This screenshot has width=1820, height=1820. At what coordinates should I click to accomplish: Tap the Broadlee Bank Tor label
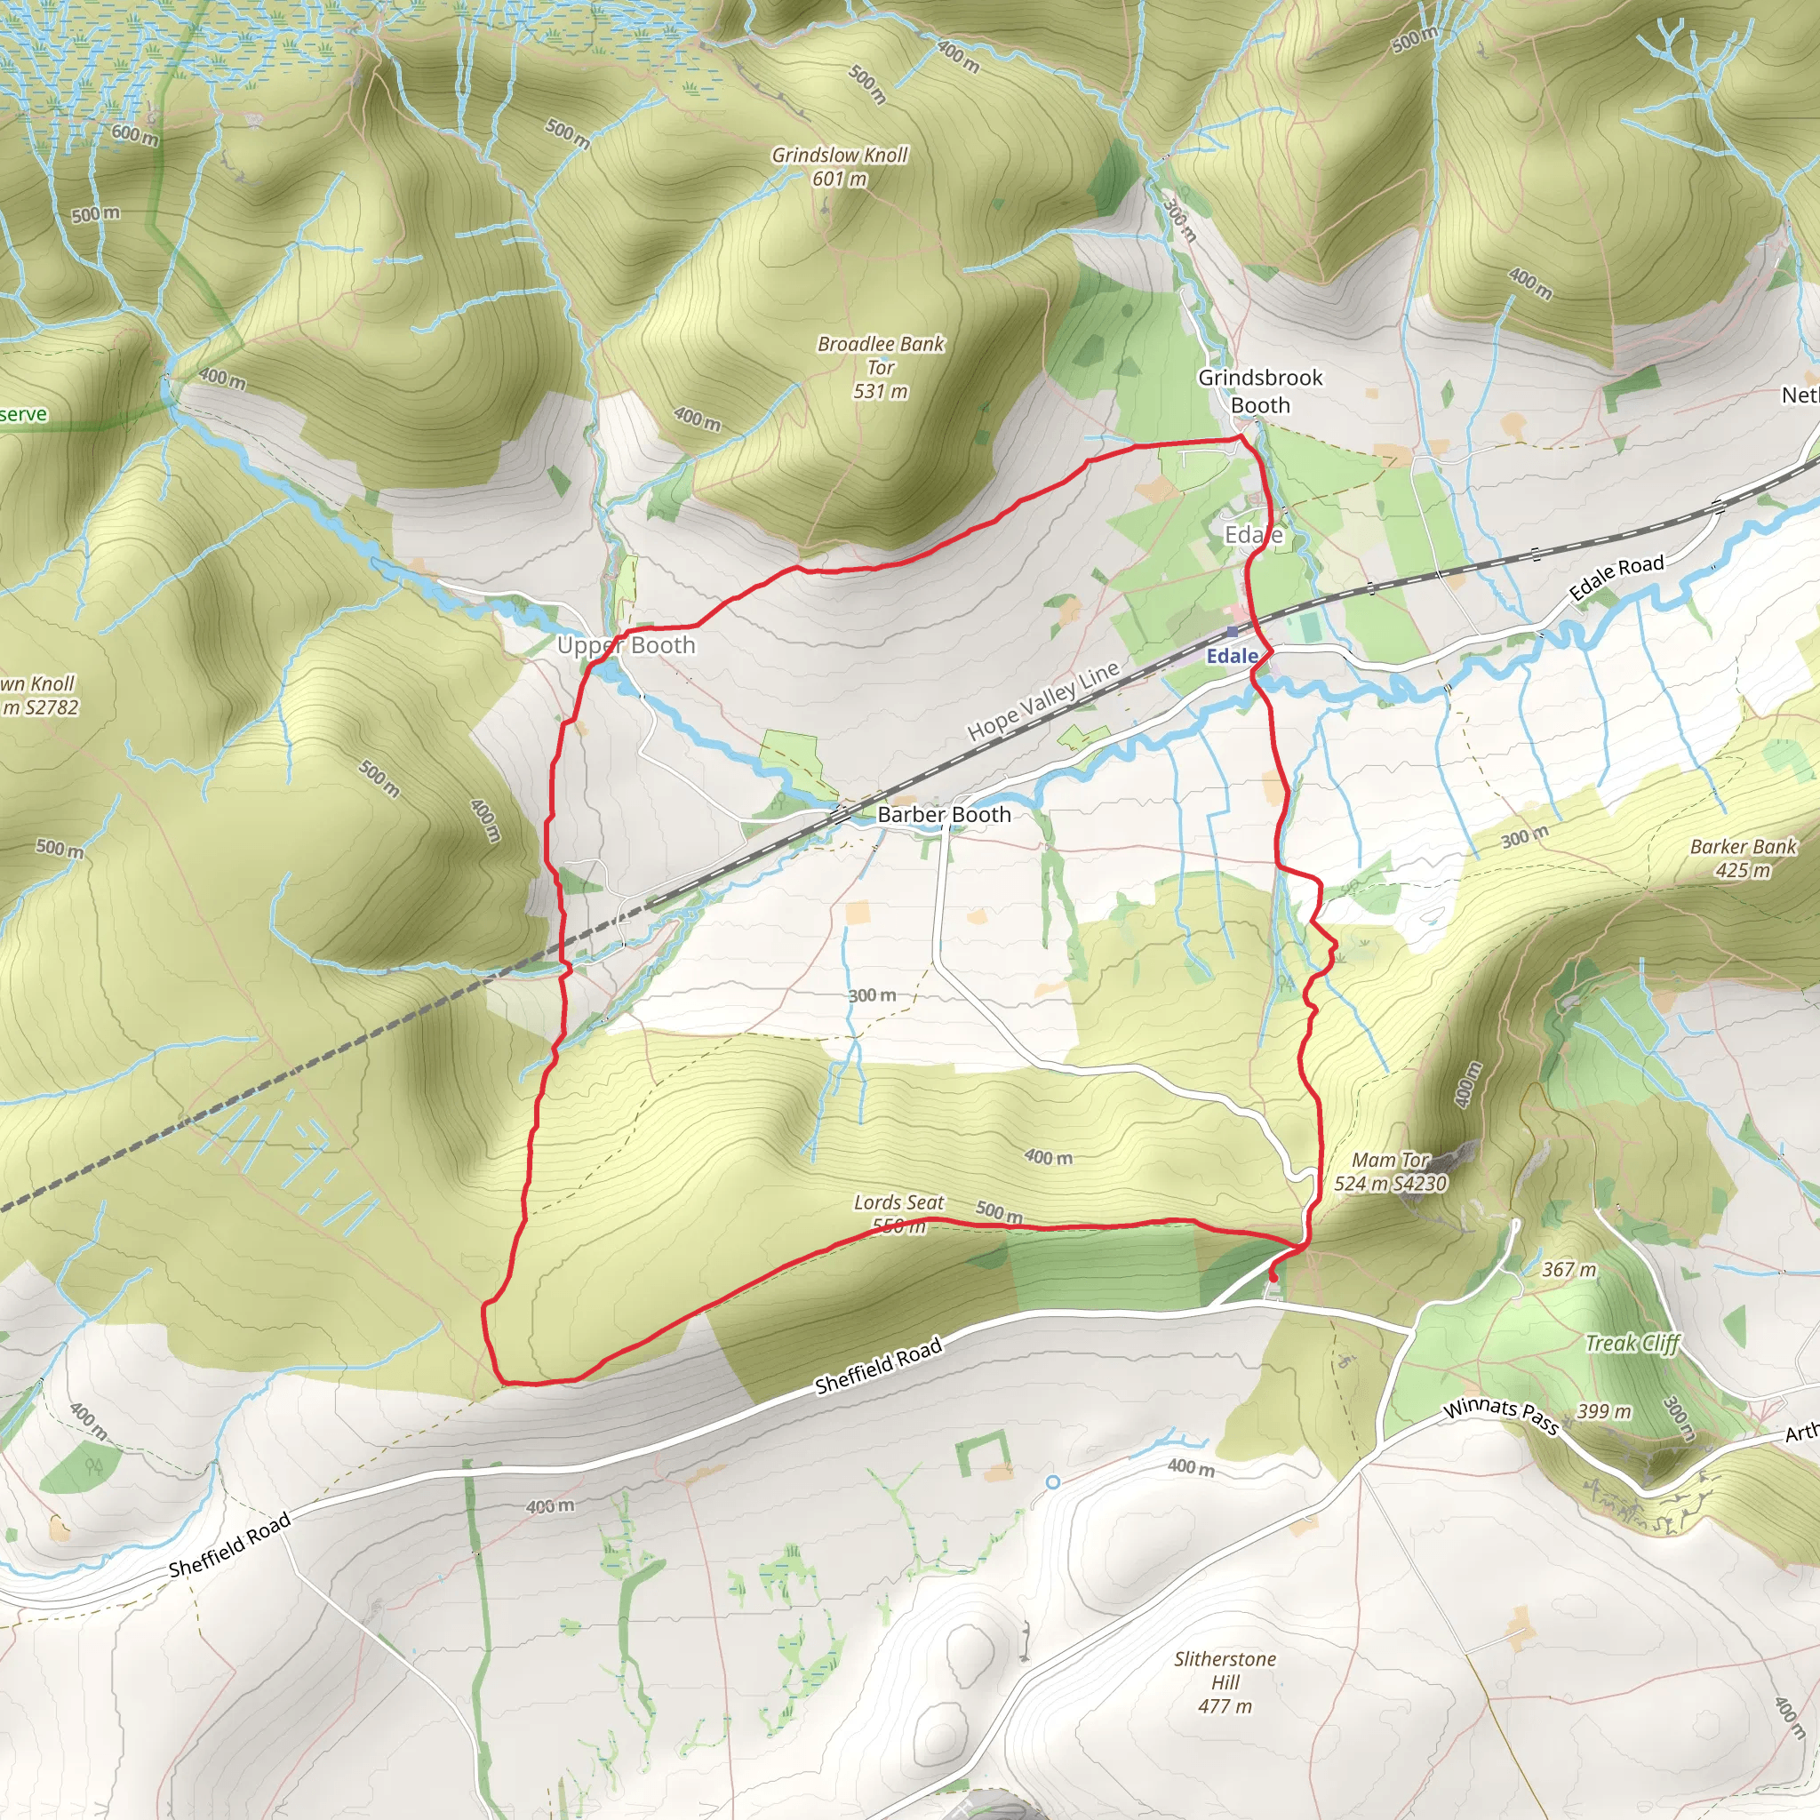881,367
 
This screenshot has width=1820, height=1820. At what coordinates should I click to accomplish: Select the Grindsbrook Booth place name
1259,391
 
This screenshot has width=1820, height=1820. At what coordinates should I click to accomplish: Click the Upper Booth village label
626,645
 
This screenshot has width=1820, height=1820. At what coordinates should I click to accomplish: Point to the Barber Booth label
944,815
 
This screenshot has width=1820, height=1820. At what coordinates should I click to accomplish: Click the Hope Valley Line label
1042,700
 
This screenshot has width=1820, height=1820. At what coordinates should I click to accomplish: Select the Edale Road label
1616,578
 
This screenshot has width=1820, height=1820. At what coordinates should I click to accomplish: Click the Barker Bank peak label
1744,858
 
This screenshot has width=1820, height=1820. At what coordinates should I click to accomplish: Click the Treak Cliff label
1632,1344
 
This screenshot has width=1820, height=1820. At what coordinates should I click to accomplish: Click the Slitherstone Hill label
1225,1681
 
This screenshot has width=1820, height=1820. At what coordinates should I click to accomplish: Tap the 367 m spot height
1569,1270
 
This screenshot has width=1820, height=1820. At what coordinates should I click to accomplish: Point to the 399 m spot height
1604,1412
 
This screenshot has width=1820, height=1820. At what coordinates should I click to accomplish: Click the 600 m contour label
135,135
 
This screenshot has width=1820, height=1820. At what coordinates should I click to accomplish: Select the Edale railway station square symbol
1233,631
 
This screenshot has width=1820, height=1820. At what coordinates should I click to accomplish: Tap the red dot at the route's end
1273,1277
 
